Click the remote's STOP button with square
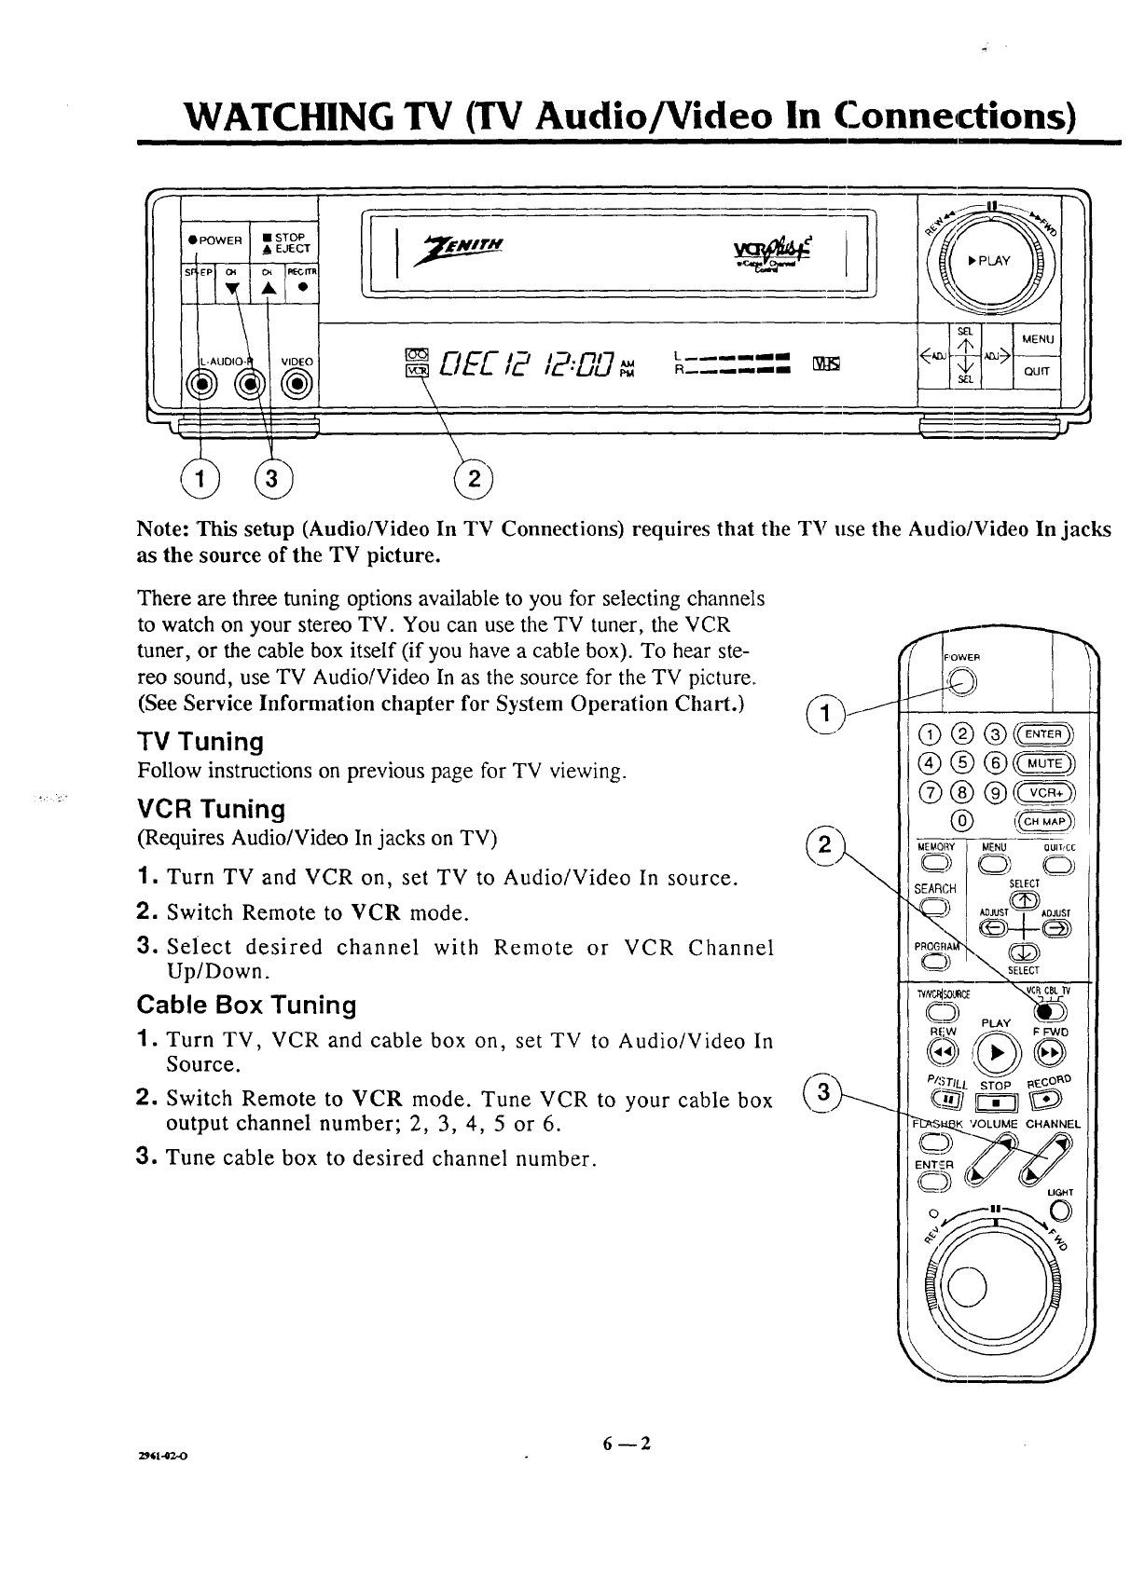[x=997, y=1105]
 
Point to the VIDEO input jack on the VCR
[x=297, y=382]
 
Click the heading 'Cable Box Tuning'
[x=246, y=1005]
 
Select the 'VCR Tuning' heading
[x=211, y=808]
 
